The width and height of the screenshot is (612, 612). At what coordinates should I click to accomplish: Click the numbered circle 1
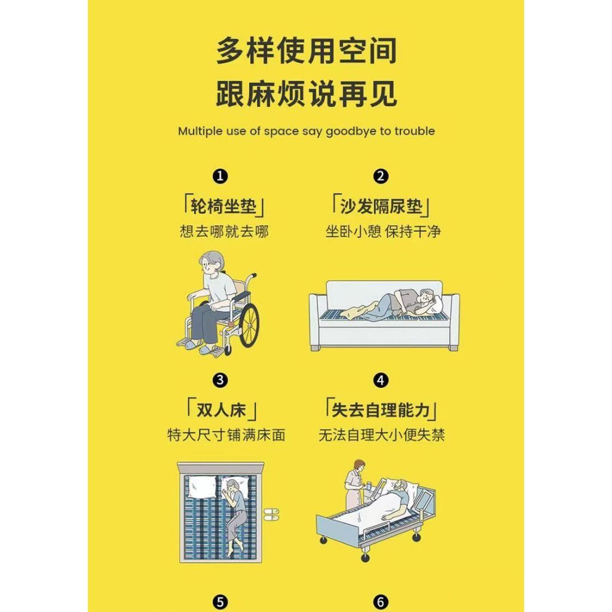coord(220,176)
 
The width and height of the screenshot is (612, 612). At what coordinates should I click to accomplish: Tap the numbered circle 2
coord(381,176)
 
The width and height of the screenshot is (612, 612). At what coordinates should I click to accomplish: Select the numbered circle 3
coord(220,380)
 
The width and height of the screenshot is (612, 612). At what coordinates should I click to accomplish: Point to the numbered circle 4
coord(381,380)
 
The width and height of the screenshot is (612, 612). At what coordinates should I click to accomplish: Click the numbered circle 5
coord(220,602)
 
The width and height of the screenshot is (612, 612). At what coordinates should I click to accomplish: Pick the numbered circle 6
coord(381,602)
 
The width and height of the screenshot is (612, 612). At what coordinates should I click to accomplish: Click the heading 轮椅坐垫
coord(224,206)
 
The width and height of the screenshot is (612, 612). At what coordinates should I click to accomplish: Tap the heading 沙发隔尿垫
coord(381,206)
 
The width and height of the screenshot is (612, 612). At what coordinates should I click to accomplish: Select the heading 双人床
coord(221,410)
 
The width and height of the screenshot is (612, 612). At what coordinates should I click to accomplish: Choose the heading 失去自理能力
coord(381,410)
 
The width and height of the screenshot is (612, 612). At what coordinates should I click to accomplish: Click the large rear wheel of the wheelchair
coord(249,326)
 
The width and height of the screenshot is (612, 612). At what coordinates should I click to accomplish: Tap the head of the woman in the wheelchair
coord(212,264)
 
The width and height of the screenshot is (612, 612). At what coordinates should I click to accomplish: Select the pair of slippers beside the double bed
coord(272,515)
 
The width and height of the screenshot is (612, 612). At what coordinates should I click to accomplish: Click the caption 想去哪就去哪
coord(224,231)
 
